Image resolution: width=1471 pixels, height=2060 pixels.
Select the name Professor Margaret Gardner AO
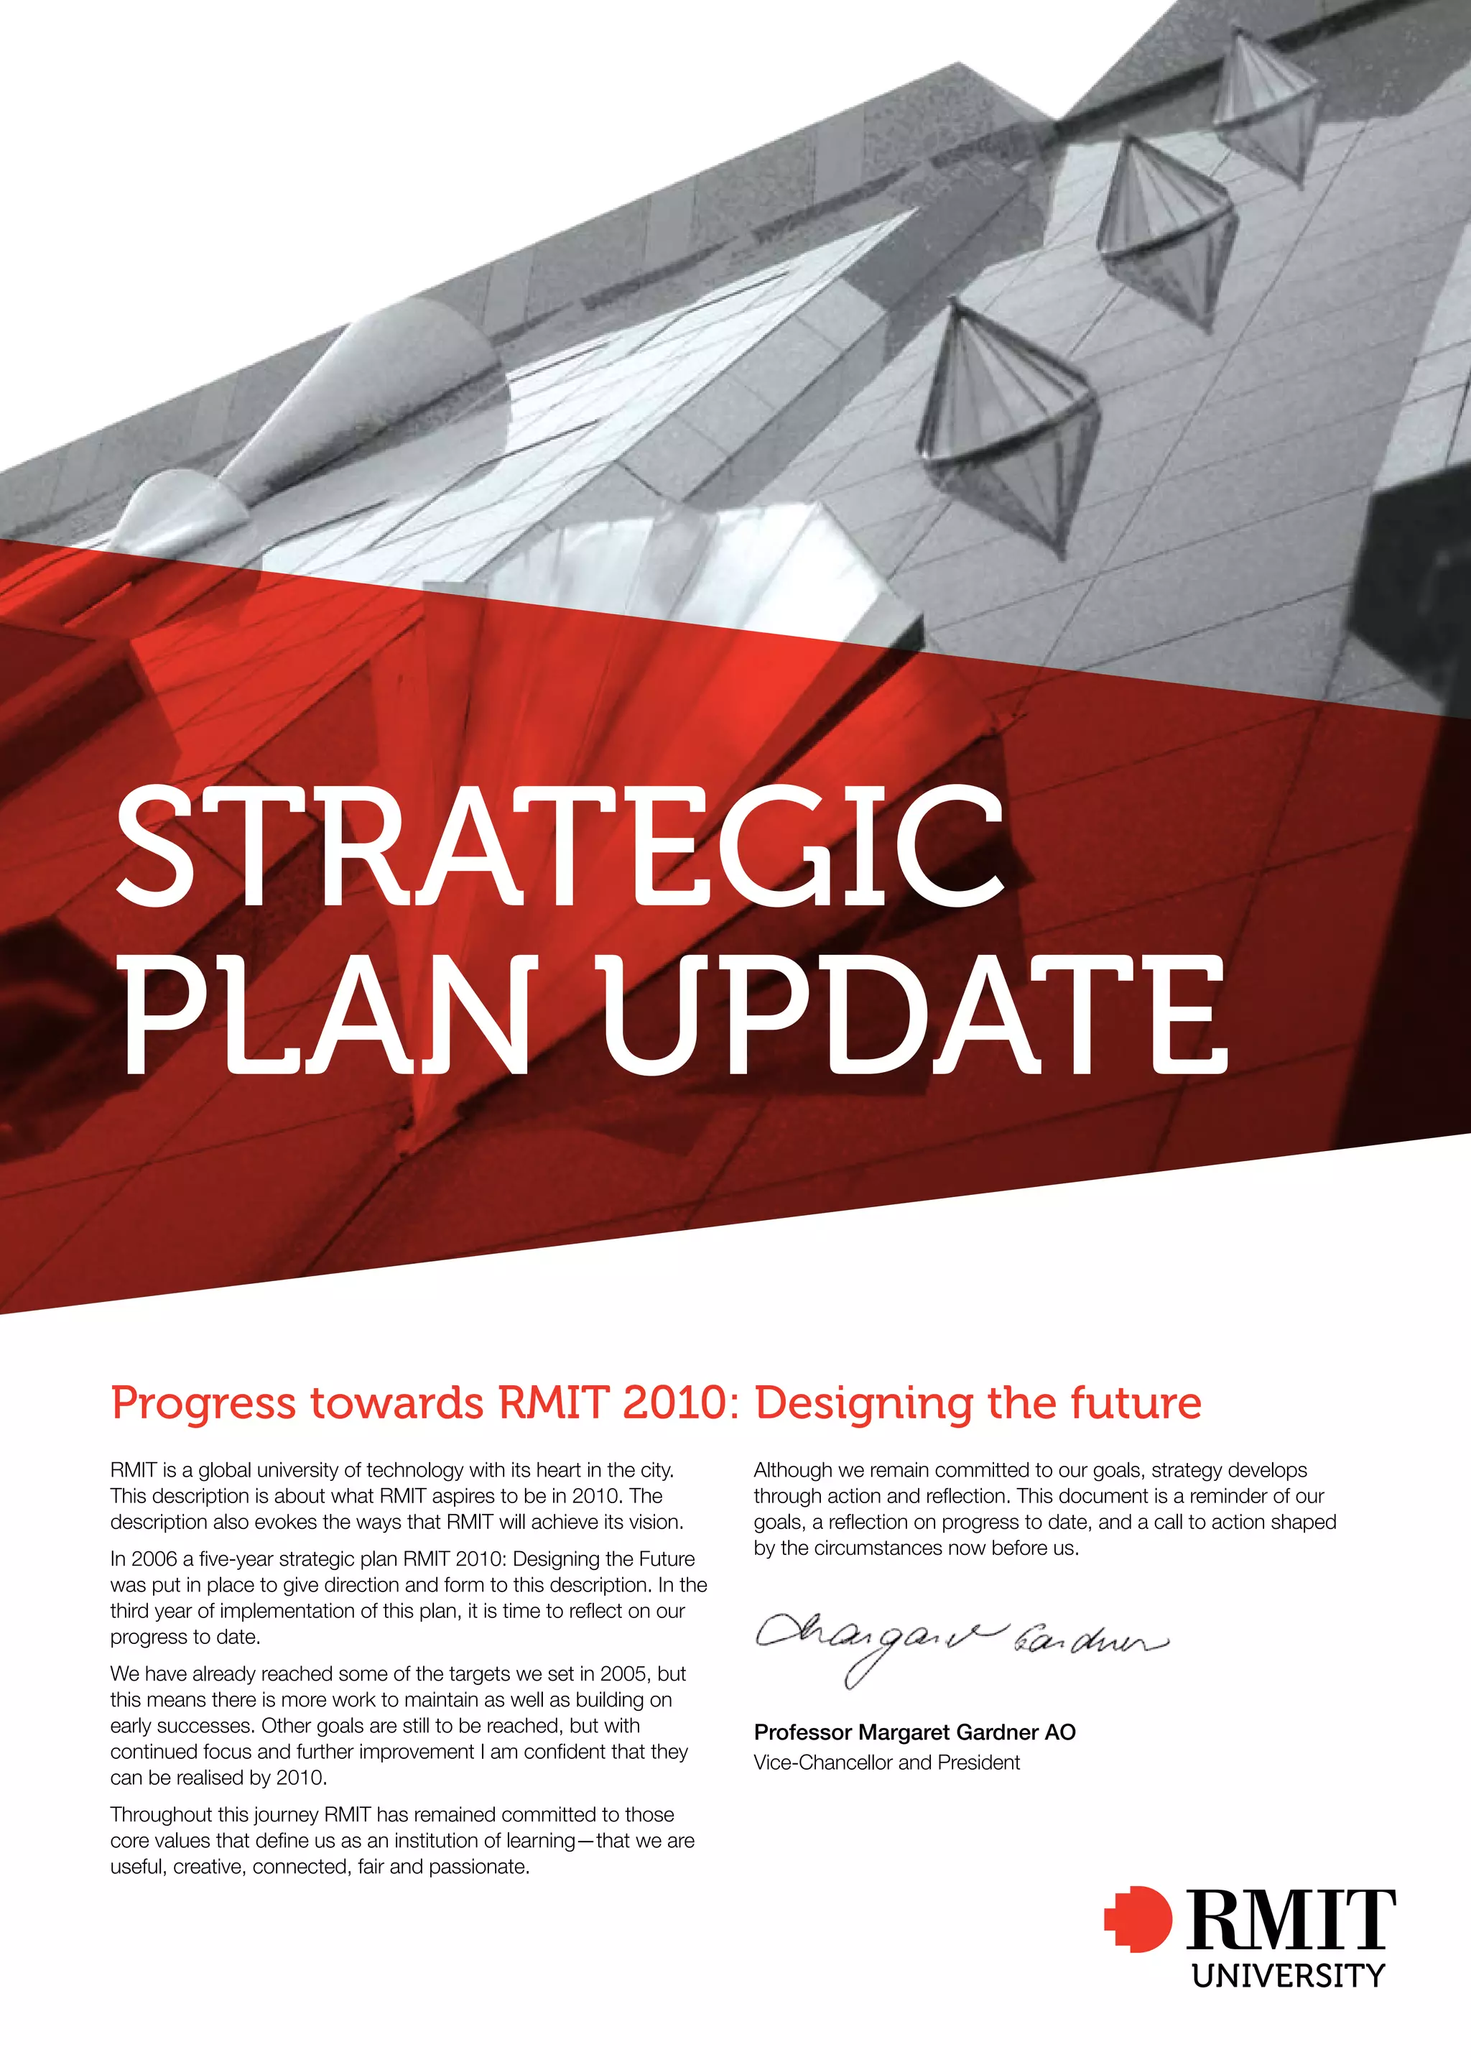(914, 1732)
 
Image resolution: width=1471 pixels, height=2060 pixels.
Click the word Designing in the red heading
(864, 1403)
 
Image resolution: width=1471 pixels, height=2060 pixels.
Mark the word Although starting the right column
(794, 1470)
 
